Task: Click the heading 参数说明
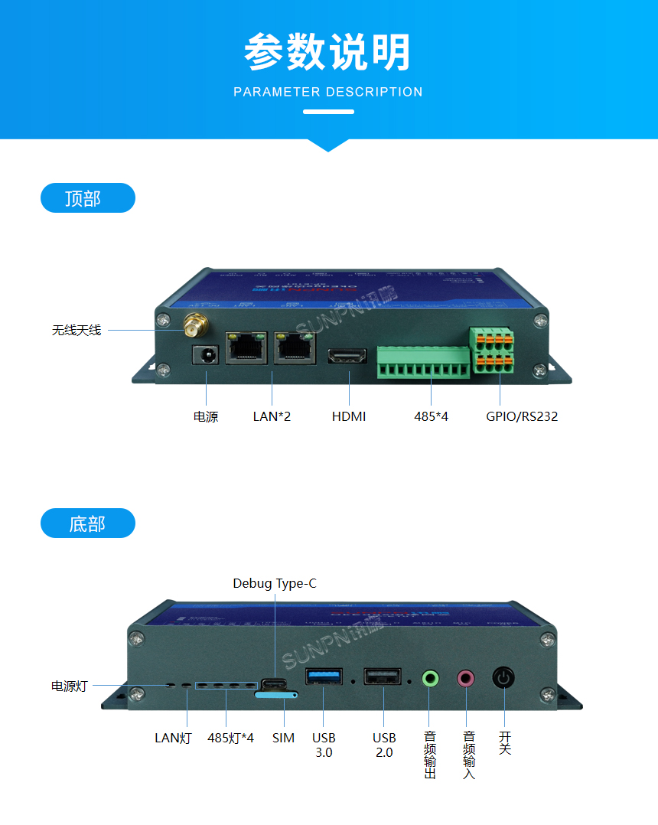(327, 52)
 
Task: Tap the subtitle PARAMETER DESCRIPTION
(327, 92)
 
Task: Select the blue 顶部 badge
(87, 198)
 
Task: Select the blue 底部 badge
(87, 523)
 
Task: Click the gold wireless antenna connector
(194, 325)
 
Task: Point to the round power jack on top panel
(205, 354)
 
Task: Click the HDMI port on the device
(348, 357)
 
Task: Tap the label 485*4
(431, 417)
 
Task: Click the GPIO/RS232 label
(522, 417)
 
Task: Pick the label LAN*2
(272, 417)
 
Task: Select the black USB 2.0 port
(383, 677)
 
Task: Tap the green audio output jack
(431, 677)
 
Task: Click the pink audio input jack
(466, 677)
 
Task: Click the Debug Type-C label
(274, 584)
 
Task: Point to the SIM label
(283, 738)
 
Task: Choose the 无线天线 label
(77, 331)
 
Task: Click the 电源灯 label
(69, 686)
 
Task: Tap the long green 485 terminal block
(423, 362)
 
